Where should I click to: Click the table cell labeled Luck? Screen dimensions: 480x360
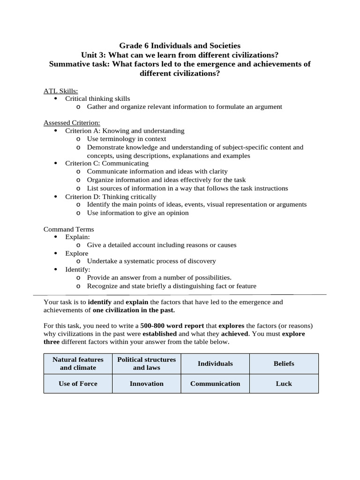click(x=284, y=383)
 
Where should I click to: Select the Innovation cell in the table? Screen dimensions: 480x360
click(x=146, y=383)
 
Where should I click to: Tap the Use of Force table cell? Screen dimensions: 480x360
click(x=78, y=383)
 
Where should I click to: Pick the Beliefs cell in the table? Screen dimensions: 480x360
click(x=284, y=363)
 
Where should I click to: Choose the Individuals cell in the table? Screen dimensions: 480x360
click(x=215, y=363)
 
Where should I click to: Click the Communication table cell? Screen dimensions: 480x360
click(x=215, y=383)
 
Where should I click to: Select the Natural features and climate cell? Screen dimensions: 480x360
click(x=78, y=363)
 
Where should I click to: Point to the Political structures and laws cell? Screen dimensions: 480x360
click(x=146, y=363)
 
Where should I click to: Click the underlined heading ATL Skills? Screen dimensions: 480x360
click(x=61, y=91)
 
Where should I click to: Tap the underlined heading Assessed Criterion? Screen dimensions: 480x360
click(x=68, y=123)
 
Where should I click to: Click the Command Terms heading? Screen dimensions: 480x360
click(x=68, y=229)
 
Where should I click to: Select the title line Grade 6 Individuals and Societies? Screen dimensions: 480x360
click(x=180, y=45)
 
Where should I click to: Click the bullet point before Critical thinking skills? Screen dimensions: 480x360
click(x=56, y=99)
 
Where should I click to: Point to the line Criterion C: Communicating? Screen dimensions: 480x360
click(x=106, y=164)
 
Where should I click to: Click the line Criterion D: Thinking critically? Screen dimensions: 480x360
click(x=111, y=196)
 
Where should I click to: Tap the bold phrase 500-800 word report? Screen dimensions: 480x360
click(x=172, y=325)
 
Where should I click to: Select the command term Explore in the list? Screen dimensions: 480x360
click(x=76, y=253)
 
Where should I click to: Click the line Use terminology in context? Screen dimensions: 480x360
click(x=127, y=139)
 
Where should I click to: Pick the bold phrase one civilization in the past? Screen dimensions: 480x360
click(x=134, y=310)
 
